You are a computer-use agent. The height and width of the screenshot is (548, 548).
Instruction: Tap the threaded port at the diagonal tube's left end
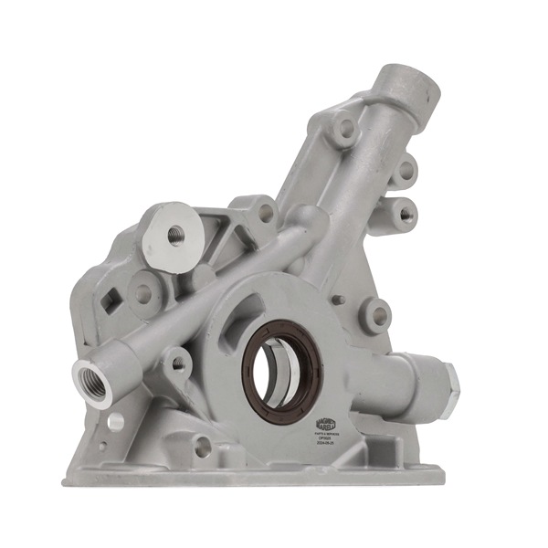(92, 380)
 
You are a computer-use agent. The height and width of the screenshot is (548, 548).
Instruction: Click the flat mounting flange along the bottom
(256, 475)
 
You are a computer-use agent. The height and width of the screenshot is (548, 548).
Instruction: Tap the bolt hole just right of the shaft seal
(376, 315)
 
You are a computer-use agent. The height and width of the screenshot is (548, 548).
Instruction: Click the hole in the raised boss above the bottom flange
(203, 447)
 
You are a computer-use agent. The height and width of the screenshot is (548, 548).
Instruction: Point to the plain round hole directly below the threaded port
(114, 422)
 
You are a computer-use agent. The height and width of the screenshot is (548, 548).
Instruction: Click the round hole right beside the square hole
(143, 293)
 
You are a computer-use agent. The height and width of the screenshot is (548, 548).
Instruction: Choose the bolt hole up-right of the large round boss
(265, 212)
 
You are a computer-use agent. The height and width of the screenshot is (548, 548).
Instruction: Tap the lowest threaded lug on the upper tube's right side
(405, 215)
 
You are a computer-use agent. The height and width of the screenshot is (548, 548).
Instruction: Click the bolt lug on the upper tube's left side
(344, 129)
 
